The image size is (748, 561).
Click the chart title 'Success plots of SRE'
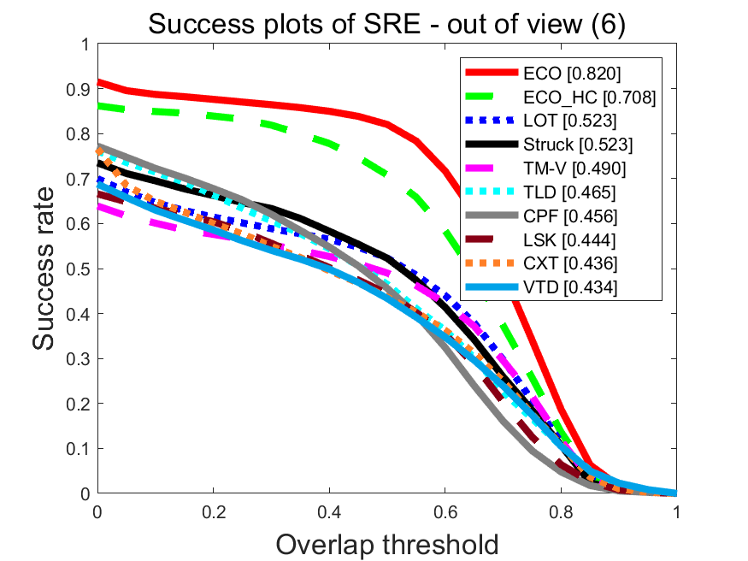point(387,25)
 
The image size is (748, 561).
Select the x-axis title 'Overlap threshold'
point(387,543)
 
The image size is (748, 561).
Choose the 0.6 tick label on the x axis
point(445,512)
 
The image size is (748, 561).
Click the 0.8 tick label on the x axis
point(561,512)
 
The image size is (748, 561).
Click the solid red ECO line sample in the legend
point(492,74)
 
